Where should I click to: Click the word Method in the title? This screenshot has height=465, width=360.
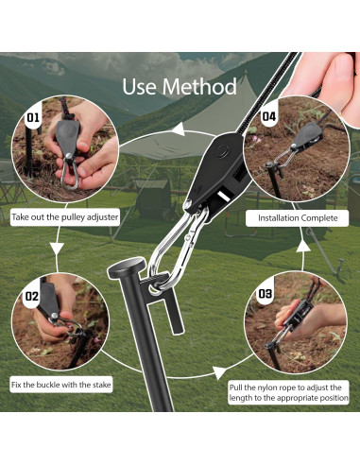point(199,87)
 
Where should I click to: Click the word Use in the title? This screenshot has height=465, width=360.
point(140,87)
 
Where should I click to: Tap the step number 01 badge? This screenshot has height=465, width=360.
point(33,117)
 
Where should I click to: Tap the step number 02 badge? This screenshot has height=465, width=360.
point(32,296)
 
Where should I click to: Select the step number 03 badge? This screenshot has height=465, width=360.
point(266,294)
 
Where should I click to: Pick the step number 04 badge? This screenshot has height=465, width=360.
point(269,116)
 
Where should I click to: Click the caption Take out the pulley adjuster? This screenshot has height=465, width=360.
point(65,217)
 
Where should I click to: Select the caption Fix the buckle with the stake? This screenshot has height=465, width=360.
point(61,385)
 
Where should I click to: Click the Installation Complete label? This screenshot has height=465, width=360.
point(298,218)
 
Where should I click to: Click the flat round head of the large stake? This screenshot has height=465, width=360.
point(127,267)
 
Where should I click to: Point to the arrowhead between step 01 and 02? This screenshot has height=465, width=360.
point(57,249)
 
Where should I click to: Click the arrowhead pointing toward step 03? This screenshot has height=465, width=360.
point(220,372)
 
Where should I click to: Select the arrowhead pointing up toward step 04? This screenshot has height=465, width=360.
point(303,245)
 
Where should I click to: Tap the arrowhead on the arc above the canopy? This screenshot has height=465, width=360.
point(179,129)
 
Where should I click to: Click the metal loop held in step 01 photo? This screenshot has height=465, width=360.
point(69,173)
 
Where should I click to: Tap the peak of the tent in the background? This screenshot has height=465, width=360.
point(246,72)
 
